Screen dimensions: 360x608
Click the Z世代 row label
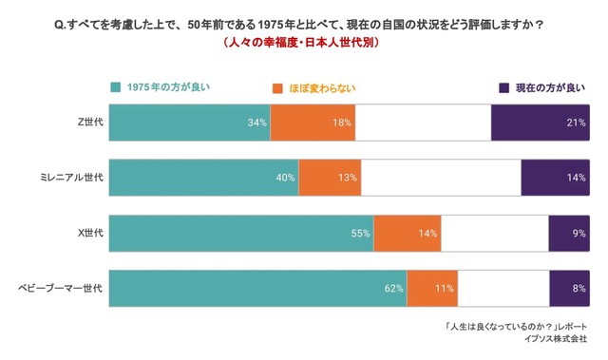point(90,123)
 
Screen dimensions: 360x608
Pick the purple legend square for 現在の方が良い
point(503,87)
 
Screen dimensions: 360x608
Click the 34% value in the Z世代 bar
point(256,123)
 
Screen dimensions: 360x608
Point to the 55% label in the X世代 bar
point(360,233)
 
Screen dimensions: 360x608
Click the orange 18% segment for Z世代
point(313,123)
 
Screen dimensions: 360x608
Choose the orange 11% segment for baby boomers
point(432,288)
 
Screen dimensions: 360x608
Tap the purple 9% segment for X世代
point(568,233)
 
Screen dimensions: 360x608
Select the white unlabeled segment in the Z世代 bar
point(424,123)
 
